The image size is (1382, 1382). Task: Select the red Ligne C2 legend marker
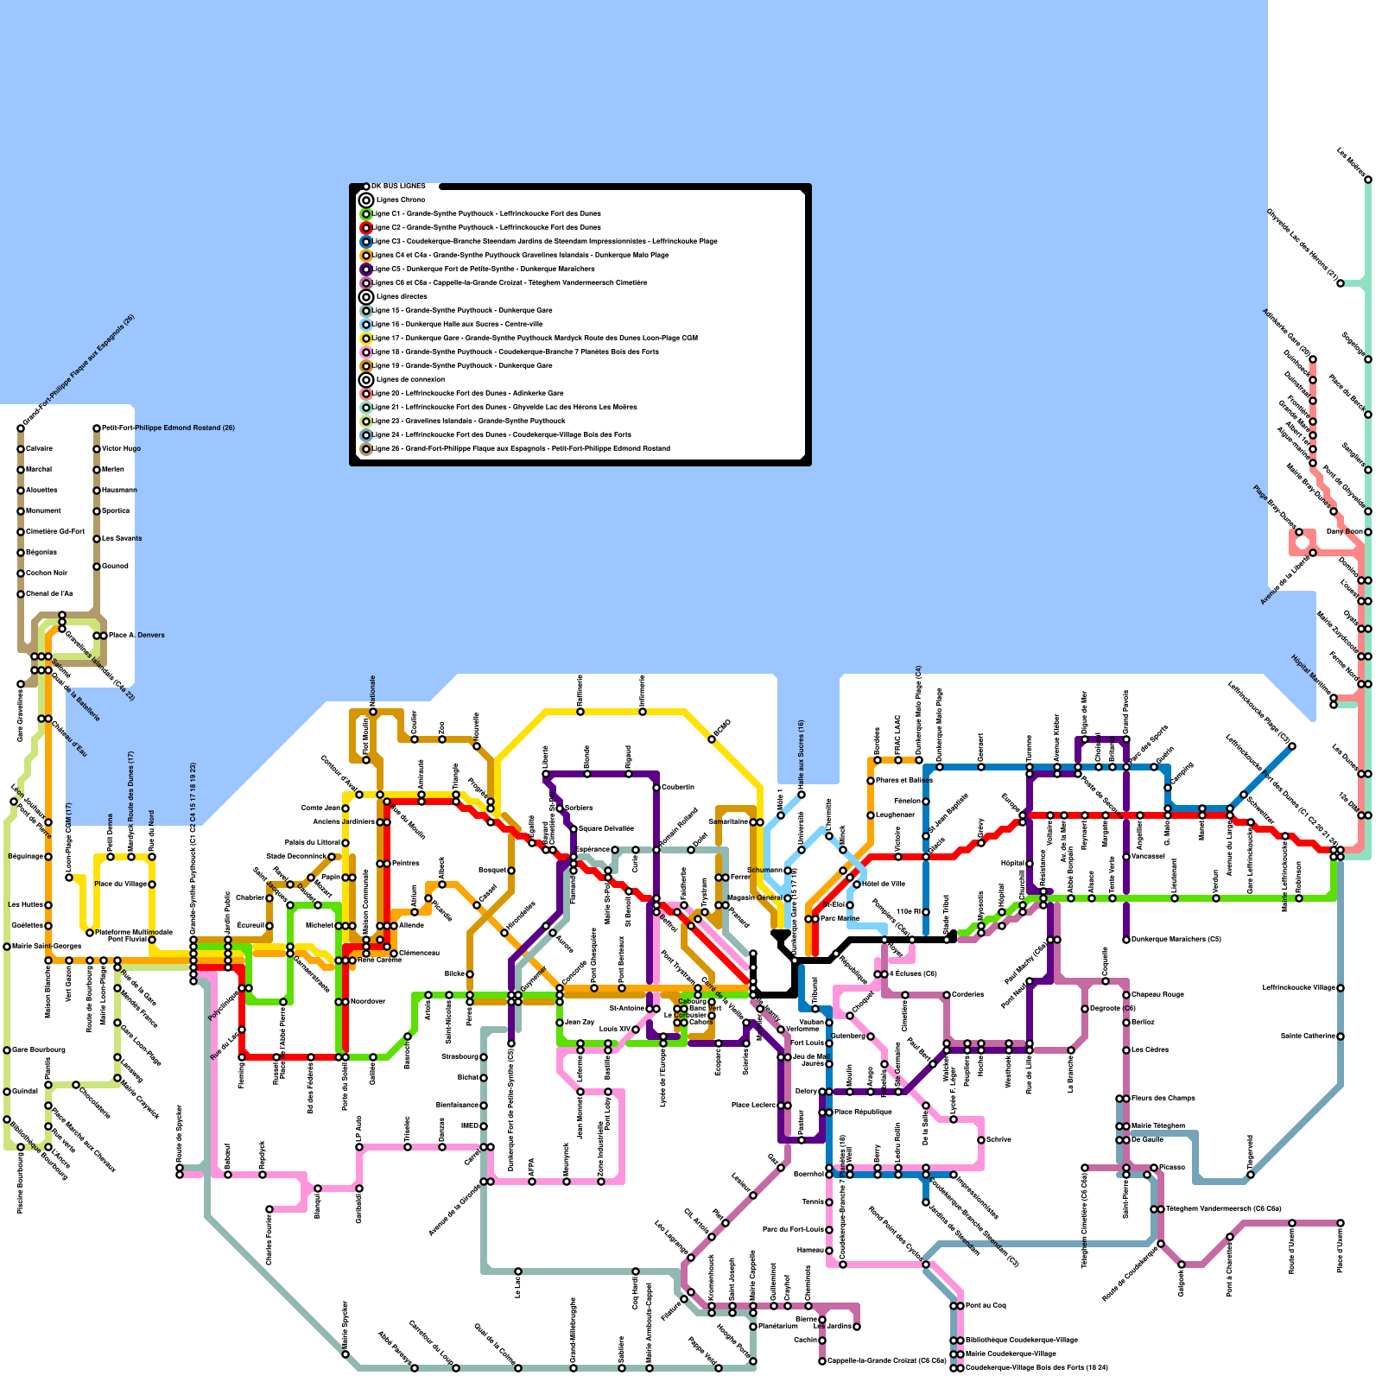366,227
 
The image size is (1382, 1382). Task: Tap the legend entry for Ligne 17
536,338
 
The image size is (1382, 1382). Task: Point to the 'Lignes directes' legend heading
402,296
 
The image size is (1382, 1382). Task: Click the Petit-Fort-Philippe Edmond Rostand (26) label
168,428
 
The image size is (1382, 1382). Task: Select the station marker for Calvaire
21,448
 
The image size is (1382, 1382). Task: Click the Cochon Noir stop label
47,573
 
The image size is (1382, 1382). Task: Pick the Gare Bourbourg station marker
7,1049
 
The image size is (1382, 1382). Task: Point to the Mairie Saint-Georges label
47,946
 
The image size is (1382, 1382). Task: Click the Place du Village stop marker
152,884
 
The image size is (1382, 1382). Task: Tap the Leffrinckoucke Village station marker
1341,987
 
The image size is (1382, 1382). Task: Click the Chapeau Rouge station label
1157,994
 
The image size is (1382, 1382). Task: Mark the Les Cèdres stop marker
1126,1049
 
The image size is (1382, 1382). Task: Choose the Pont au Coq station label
986,1305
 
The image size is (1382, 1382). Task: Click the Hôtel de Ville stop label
884,884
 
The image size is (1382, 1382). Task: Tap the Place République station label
863,1112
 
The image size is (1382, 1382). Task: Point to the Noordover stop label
368,1001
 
